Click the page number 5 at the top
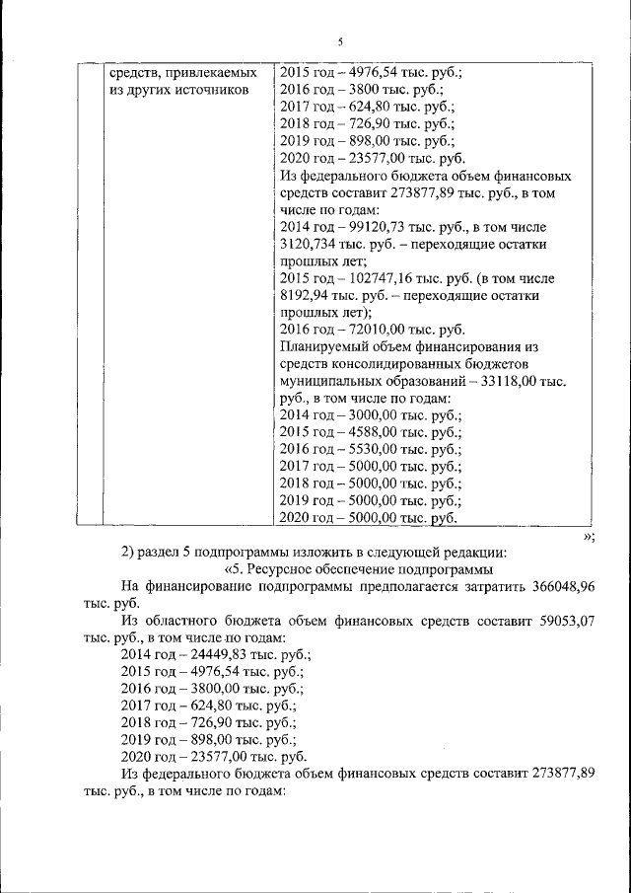point(340,41)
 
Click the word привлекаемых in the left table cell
point(214,72)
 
